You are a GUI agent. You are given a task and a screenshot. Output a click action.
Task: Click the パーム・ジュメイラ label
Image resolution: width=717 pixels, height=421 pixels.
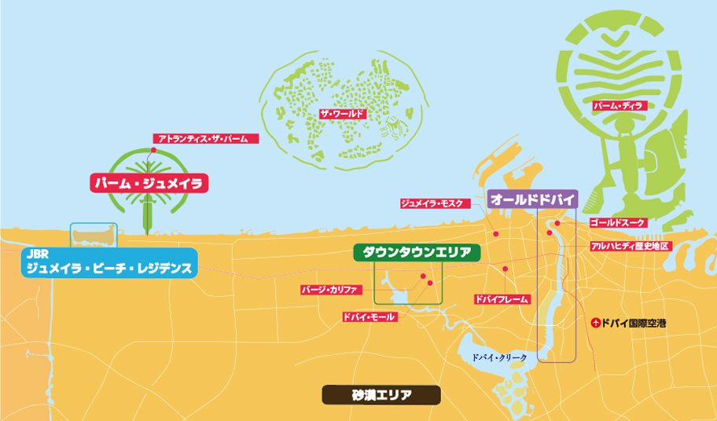(x=148, y=183)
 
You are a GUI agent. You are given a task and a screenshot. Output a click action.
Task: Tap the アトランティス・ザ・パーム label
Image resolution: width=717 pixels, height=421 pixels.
(x=203, y=139)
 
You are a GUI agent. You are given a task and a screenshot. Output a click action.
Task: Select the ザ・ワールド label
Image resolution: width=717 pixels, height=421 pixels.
(x=342, y=114)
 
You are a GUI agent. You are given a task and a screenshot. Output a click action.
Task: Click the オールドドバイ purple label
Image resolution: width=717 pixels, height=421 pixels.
(x=533, y=199)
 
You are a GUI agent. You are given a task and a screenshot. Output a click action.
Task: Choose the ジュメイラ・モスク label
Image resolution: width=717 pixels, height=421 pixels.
(x=435, y=203)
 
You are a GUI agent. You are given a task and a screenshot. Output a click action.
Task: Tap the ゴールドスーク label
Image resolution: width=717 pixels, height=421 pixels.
(x=616, y=223)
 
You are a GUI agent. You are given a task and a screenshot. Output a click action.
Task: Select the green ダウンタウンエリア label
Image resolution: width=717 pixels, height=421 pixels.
(x=416, y=252)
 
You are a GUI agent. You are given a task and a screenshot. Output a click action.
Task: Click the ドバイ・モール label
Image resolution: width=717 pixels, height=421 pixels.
(x=370, y=317)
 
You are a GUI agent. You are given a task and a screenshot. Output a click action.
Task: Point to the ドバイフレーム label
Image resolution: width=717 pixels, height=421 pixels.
(x=502, y=299)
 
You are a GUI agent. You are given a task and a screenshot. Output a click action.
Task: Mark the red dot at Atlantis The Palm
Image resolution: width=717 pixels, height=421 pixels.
(x=155, y=149)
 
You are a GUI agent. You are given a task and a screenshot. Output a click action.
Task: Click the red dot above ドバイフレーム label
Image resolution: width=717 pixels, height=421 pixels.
(x=504, y=269)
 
